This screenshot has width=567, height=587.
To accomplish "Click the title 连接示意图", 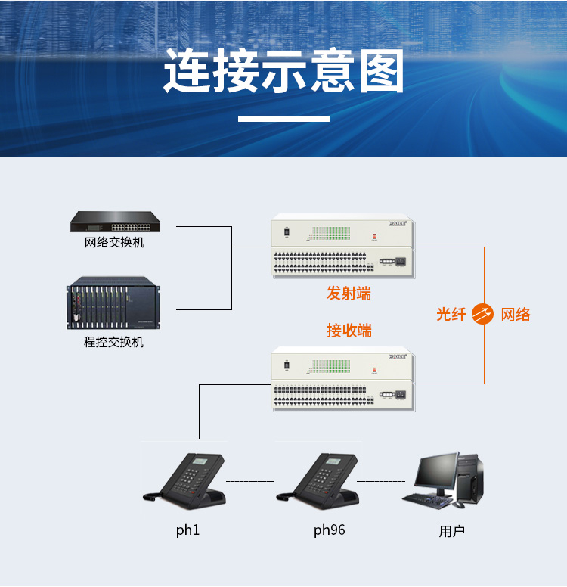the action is point(283,70).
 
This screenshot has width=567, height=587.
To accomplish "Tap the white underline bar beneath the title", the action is point(283,119).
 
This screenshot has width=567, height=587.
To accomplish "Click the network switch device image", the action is point(115,222).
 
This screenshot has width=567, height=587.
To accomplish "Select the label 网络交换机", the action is point(114,243).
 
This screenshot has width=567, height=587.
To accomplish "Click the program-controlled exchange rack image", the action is point(113,303).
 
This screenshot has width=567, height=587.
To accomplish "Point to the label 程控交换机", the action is point(113,342).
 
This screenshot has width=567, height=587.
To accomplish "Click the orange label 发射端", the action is point(349,293).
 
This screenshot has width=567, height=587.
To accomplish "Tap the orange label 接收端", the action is point(349,331).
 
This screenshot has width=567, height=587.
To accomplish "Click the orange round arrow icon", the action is point(482,314).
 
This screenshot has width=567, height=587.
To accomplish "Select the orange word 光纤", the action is point(451,315).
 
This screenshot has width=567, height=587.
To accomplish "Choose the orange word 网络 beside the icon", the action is point(516,315).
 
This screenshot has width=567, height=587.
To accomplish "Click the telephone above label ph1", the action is point(184,481).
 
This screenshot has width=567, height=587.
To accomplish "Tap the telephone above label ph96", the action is point(318,481).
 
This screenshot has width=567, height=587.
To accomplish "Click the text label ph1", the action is point(188,530).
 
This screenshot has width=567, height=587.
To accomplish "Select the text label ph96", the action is point(330,530).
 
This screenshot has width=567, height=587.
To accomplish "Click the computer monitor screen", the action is point(436,471).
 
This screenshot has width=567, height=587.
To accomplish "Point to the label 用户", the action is point(452,531).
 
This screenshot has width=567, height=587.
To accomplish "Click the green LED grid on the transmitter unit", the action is point(331,233).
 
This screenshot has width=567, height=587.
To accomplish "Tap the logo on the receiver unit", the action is point(397,357).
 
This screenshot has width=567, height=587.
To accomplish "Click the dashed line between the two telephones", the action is point(250,481).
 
